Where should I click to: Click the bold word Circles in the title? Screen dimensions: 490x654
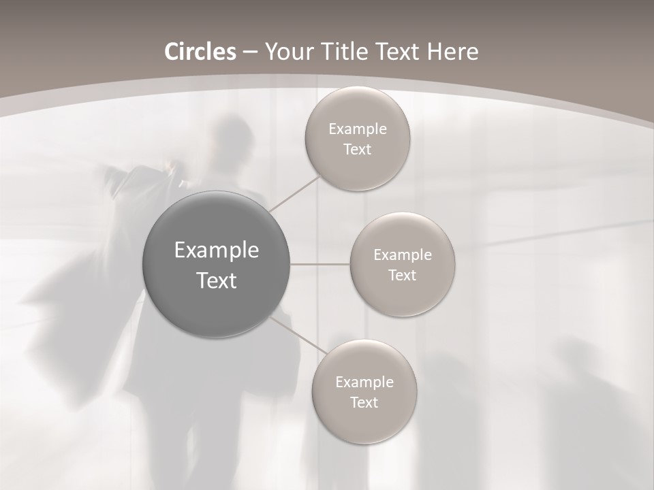coord(200,52)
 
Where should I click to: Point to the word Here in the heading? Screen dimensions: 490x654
coord(452,52)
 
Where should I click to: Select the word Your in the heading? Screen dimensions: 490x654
coord(289,52)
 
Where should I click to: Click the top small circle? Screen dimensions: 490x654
coord(358,139)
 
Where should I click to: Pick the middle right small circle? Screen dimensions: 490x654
coord(403,265)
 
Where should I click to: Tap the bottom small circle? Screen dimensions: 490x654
coord(364,392)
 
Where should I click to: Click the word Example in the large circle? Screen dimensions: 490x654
coord(217,250)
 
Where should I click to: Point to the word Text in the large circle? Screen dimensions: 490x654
coord(217,280)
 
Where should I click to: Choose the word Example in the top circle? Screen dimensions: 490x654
coord(358,129)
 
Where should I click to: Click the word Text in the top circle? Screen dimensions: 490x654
coord(358,150)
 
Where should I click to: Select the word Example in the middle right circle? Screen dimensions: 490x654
coord(403,255)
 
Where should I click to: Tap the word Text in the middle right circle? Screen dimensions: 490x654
coord(403,276)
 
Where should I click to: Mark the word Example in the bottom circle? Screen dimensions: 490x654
coord(364,382)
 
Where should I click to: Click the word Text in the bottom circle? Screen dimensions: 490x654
coord(364,403)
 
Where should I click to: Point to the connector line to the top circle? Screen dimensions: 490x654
coord(294,193)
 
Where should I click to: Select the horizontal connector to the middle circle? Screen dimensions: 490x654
coord(320,264)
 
